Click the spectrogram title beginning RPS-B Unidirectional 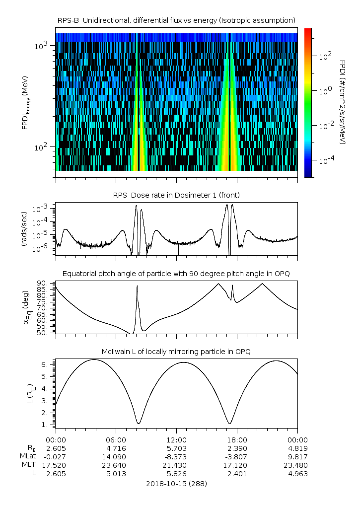pos(176,20)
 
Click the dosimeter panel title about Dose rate pos(176,195)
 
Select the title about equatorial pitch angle pos(176,274)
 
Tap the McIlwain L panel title pos(176,352)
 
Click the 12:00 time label pos(176,439)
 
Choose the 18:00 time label pos(237,439)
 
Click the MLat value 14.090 pos(116,456)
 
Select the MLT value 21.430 pos(176,465)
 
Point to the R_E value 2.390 pos(237,448)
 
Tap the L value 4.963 pos(297,473)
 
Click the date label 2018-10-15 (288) pos(176,483)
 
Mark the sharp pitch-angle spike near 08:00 pos(137,287)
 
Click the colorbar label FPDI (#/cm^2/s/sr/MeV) pos(342,102)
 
